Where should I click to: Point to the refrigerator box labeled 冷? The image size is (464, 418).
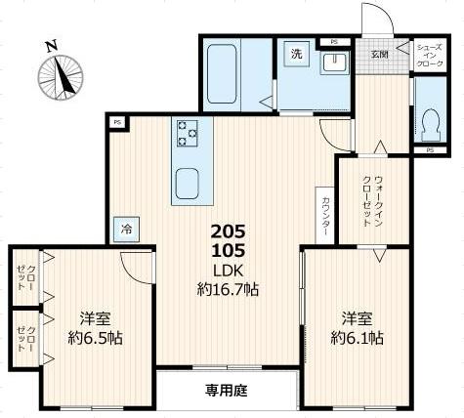(x=126, y=228)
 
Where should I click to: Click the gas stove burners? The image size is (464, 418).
(x=186, y=132)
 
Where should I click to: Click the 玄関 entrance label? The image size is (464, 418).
(x=378, y=55)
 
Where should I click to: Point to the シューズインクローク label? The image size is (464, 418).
(x=429, y=55)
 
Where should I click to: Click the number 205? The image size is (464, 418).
(x=228, y=231)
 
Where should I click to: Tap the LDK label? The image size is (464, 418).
(x=228, y=270)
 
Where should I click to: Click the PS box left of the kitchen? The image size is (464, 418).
(x=117, y=122)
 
